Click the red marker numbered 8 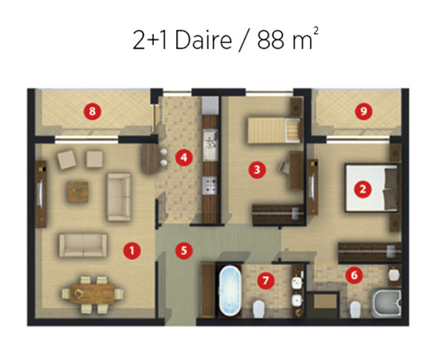92,111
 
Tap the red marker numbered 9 364,111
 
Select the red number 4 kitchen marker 184,157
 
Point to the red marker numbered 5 184,250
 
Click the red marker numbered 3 257,170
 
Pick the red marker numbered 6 354,275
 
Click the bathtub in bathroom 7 230,291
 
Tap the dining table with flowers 92,294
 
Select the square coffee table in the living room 78,192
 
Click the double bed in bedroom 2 372,188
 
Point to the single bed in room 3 274,131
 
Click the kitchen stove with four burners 210,185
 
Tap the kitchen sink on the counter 210,145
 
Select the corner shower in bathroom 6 387,303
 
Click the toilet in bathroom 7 259,309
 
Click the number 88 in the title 271,40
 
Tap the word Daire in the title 203,40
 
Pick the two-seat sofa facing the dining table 83,245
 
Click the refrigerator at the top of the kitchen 210,105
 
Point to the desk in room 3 296,171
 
